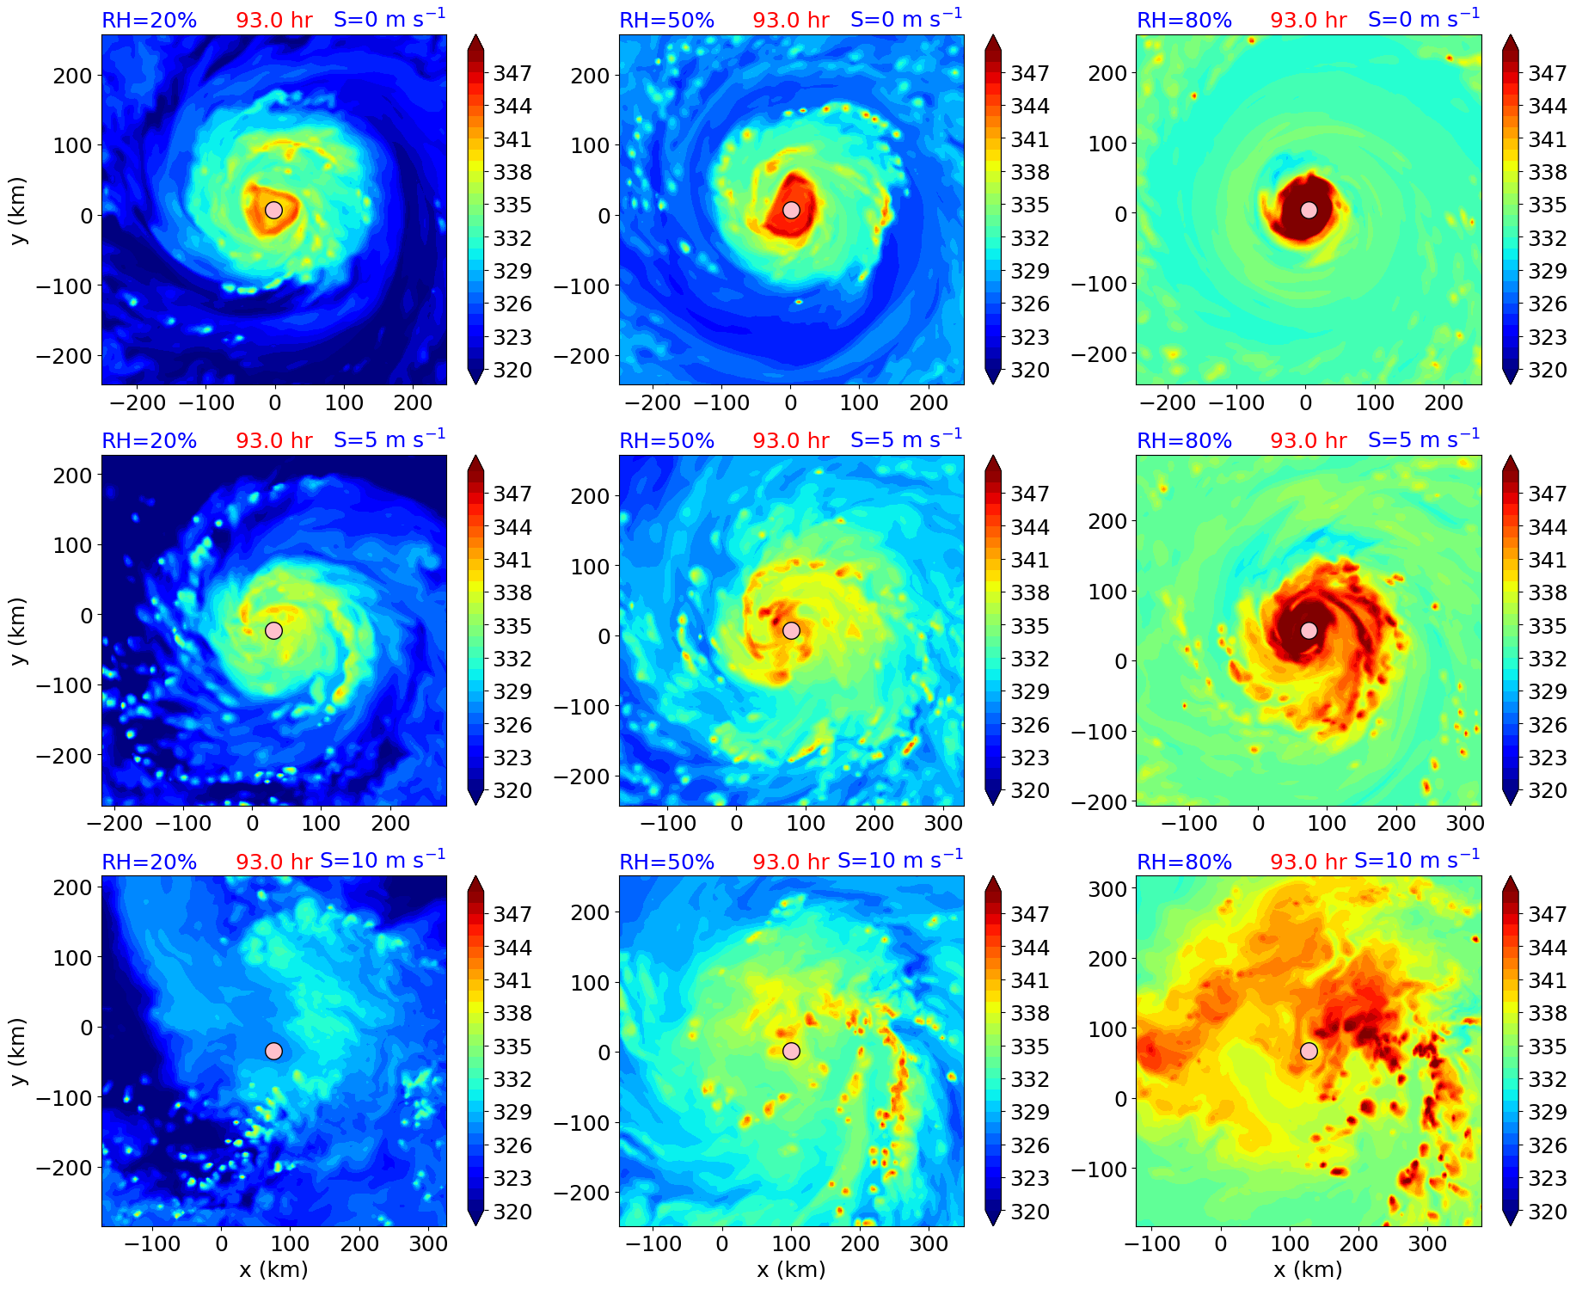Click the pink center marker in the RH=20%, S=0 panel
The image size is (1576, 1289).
coord(273,210)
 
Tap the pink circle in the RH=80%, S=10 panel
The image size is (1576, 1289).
coord(1309,1051)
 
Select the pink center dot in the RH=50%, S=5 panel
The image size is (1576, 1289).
coord(791,630)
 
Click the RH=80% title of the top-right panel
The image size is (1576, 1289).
coord(1184,21)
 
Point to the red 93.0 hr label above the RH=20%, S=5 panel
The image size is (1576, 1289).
coord(274,441)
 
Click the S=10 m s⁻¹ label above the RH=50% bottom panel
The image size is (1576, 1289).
coord(899,860)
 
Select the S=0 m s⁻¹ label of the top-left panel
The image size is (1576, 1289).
coord(389,19)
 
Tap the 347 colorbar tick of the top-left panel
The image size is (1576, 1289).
coord(512,74)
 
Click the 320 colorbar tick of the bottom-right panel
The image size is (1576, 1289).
coord(1547,1212)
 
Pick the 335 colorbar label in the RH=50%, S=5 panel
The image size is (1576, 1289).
coord(1029,626)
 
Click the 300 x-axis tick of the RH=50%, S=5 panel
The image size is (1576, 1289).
coord(943,824)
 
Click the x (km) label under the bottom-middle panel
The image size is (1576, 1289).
coord(791,1270)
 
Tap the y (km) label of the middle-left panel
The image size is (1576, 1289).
coord(18,630)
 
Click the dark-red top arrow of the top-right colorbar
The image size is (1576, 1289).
coord(1510,42)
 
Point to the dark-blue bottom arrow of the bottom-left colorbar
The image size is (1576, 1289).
coord(475,1218)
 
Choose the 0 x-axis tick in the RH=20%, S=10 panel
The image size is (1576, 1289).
coord(222,1244)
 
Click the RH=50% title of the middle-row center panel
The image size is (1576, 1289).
coord(666,441)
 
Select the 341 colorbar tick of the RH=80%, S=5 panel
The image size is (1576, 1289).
coord(1547,561)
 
